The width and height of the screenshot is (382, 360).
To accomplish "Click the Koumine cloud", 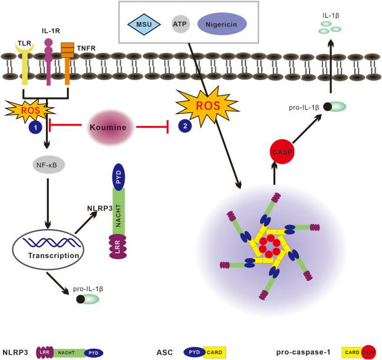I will coord(108,127).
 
